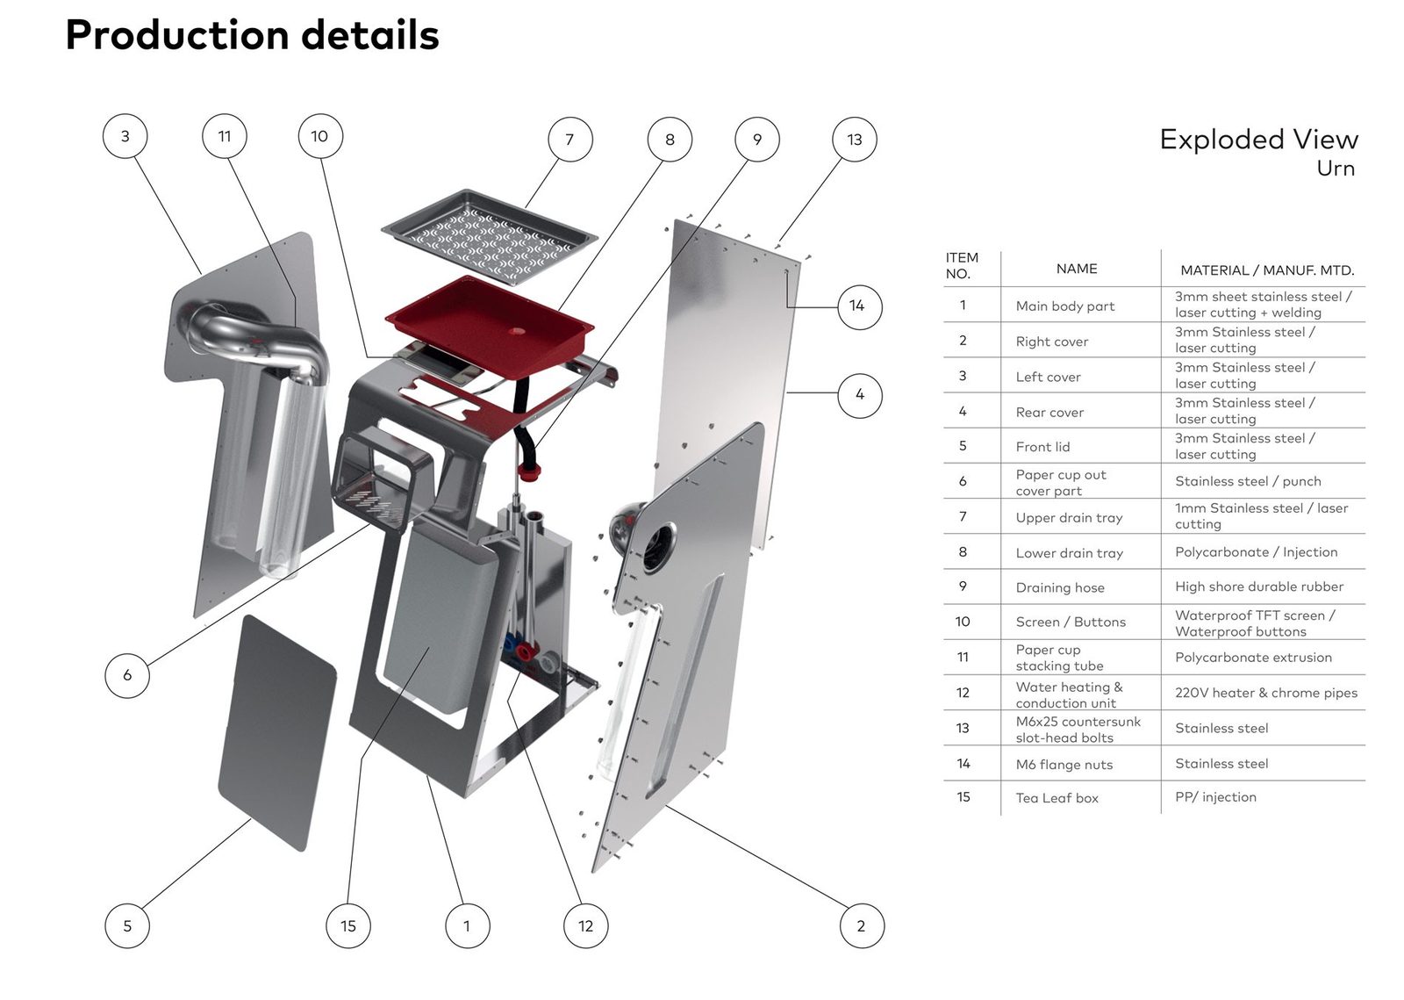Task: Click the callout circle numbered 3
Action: [125, 137]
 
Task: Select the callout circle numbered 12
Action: [585, 926]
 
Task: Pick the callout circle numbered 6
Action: [127, 675]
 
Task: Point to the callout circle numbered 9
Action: [757, 140]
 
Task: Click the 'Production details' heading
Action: [252, 35]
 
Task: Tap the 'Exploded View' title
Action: [1258, 140]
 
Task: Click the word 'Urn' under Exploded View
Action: [1336, 169]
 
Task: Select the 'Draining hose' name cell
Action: [1060, 588]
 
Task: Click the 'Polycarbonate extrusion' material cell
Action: [1253, 657]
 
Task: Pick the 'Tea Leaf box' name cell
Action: [1057, 798]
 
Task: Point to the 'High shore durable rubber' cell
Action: [1259, 586]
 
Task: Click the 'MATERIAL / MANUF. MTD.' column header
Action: [1267, 270]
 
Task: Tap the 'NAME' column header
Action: [1077, 269]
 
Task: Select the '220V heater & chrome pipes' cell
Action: [1266, 693]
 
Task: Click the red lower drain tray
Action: [489, 320]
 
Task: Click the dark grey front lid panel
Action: [277, 732]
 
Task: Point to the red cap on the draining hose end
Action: [528, 472]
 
